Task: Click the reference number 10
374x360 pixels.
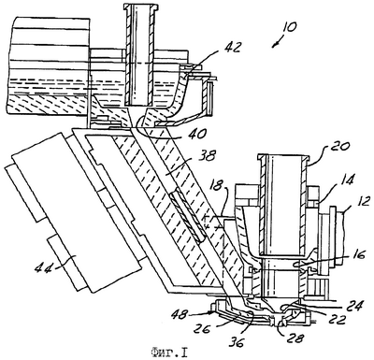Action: (x=289, y=27)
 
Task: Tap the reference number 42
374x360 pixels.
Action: (x=233, y=47)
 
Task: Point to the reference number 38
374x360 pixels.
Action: (x=207, y=156)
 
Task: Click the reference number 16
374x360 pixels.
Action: (x=358, y=256)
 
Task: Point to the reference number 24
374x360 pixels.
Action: (x=354, y=306)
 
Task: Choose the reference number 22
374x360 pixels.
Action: (x=338, y=320)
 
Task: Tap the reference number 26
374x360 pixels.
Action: (x=202, y=329)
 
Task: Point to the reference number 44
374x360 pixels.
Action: (x=43, y=267)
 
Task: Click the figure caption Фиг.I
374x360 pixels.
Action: (x=168, y=353)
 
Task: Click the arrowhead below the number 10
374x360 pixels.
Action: (x=274, y=45)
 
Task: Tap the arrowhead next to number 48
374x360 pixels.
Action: (x=212, y=312)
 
